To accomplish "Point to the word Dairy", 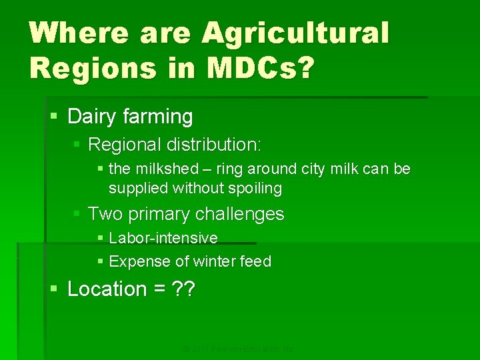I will coord(93,117).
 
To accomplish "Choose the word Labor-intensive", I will coord(163,238).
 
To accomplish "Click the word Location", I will coord(107,289).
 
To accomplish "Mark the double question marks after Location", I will coord(182,289).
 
